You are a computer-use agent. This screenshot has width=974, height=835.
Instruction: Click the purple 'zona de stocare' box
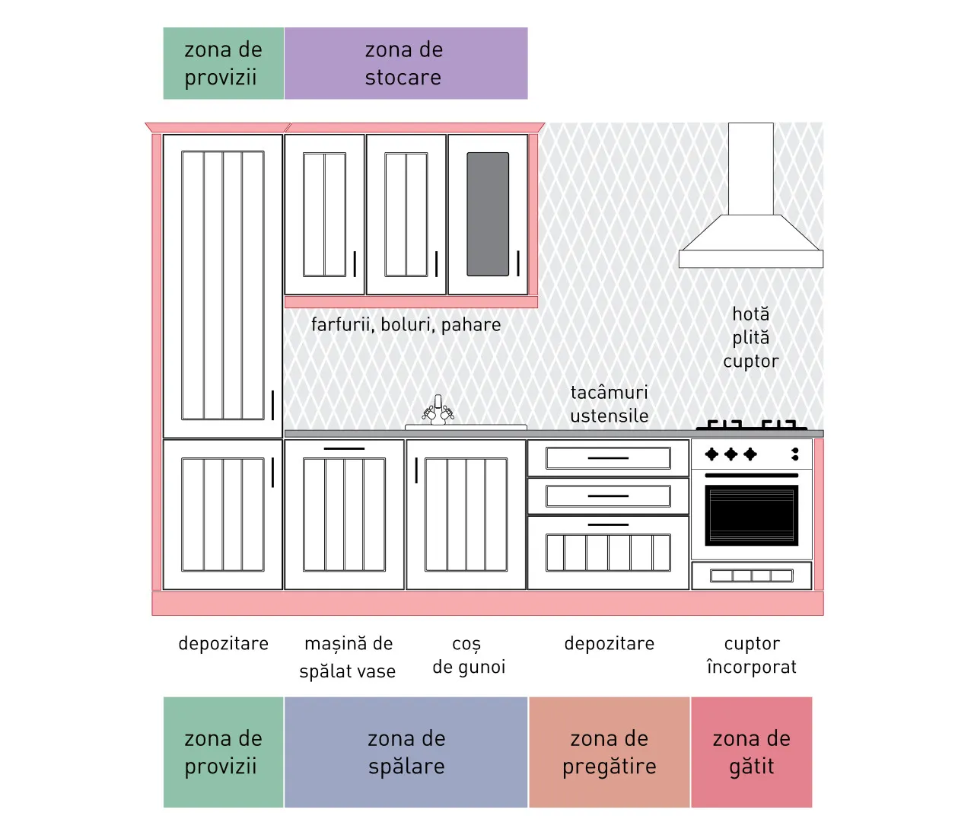[x=406, y=63]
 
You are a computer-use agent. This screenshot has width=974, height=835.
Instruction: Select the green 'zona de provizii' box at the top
[x=224, y=63]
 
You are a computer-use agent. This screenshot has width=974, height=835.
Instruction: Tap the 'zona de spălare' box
[x=406, y=752]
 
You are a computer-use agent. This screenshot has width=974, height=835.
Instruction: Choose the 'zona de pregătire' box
[x=610, y=752]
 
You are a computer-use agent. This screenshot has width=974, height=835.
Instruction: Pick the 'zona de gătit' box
[x=752, y=752]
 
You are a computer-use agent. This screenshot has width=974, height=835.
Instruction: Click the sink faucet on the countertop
[x=438, y=410]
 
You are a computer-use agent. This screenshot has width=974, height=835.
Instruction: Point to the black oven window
[x=752, y=515]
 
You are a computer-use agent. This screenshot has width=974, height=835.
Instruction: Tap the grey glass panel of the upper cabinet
[x=488, y=214]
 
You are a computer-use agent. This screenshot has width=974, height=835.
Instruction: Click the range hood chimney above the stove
[x=750, y=169]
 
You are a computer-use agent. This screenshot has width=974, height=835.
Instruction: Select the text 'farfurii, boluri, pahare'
[x=406, y=325]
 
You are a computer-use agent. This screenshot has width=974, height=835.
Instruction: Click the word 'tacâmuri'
[x=610, y=392]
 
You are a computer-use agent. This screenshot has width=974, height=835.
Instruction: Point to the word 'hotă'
[x=750, y=314]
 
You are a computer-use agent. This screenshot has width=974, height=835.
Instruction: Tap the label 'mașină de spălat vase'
[x=349, y=657]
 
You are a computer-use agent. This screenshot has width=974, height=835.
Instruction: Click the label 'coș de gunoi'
[x=469, y=655]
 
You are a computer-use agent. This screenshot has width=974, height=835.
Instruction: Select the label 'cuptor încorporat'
[x=752, y=655]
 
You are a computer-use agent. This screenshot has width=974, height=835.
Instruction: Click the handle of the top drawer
[x=608, y=458]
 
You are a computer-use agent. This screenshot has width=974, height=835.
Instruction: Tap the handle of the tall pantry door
[x=272, y=405]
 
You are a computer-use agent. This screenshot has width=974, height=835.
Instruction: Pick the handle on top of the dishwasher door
[x=344, y=448]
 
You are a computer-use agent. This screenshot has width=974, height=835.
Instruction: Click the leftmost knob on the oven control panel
[x=711, y=454]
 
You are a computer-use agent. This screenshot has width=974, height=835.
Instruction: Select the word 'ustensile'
[x=610, y=416]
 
